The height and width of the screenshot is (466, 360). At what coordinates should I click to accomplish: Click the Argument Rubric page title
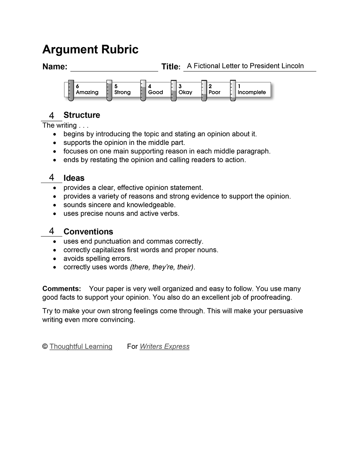click(90, 50)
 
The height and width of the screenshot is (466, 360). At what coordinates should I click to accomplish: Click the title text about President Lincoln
click(245, 66)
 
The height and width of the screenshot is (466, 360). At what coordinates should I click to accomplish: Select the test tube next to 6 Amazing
click(71, 91)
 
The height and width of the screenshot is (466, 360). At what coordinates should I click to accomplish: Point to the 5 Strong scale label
click(122, 89)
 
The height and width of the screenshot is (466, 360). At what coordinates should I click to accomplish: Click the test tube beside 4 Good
click(143, 91)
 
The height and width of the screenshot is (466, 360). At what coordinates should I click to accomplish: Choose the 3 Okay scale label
click(185, 89)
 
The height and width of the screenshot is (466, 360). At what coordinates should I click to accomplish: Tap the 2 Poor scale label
click(214, 89)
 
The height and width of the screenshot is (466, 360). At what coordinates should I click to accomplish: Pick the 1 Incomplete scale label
click(251, 89)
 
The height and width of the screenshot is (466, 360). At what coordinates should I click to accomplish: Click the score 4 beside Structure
click(52, 115)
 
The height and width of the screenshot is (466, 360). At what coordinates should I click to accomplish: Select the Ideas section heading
click(74, 178)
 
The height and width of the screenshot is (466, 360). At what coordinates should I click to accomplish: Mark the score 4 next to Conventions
click(52, 231)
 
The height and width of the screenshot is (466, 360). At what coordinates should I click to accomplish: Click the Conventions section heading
click(88, 231)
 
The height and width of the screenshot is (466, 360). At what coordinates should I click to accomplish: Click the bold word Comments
click(62, 289)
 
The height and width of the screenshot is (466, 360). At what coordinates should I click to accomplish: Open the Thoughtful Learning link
click(81, 346)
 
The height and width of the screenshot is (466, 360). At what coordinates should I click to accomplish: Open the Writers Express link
click(165, 346)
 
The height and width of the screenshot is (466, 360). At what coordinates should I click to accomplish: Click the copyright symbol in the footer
click(45, 346)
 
